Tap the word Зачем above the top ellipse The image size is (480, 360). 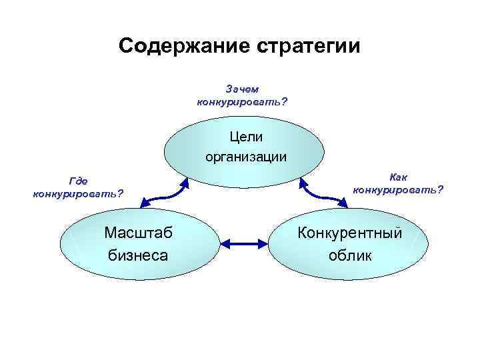(x=243, y=89)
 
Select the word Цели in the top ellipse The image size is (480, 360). (x=246, y=137)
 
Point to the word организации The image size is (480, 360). (x=246, y=157)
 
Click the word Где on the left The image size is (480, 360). (x=78, y=181)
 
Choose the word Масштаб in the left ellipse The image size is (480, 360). (x=138, y=233)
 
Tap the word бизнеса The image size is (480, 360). (x=138, y=255)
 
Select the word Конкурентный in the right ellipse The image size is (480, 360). (x=351, y=233)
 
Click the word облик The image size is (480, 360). (x=350, y=255)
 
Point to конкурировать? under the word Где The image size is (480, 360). (x=78, y=194)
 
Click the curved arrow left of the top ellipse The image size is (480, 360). (x=163, y=192)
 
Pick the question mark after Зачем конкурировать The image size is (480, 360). (x=285, y=101)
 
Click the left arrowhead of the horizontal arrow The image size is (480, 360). (x=225, y=245)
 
